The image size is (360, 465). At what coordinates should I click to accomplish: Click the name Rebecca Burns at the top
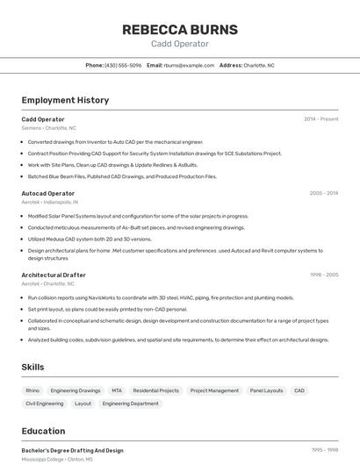(x=179, y=29)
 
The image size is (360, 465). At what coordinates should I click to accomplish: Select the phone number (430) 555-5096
(x=123, y=65)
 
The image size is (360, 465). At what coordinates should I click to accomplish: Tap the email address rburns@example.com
(x=189, y=65)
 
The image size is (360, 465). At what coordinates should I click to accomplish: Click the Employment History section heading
(x=65, y=100)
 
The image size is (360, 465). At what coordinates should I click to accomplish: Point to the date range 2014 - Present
(x=320, y=118)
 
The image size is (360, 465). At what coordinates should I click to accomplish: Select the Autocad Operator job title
(x=47, y=193)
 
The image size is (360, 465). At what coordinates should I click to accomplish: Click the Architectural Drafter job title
(x=54, y=275)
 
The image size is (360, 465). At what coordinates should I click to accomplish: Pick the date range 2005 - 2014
(x=323, y=193)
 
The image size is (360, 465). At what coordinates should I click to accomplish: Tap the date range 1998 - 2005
(x=323, y=275)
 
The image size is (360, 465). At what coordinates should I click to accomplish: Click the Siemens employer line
(x=48, y=127)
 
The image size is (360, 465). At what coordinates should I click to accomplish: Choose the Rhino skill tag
(x=32, y=390)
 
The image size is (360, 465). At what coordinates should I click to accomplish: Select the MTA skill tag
(x=117, y=390)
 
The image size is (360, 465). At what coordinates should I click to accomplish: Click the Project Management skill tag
(x=214, y=390)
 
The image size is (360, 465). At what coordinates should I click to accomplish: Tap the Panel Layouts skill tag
(x=266, y=390)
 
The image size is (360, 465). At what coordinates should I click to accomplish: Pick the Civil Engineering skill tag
(x=44, y=404)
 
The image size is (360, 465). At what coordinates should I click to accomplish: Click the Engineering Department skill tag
(x=130, y=404)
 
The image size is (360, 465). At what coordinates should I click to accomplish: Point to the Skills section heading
(x=32, y=367)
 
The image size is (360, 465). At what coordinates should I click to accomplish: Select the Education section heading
(x=43, y=431)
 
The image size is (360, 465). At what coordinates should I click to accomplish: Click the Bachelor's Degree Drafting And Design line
(x=72, y=450)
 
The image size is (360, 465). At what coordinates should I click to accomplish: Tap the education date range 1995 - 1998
(x=324, y=450)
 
